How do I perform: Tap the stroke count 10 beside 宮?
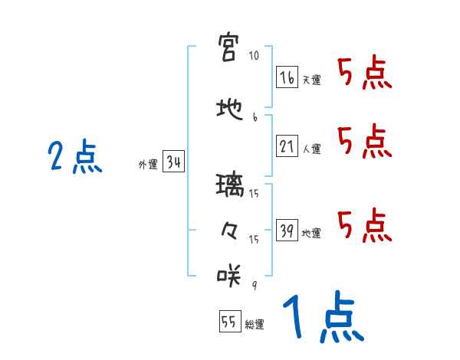point(254,57)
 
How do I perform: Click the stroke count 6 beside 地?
point(254,118)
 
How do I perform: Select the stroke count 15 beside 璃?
point(255,194)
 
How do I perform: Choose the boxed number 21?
point(287,145)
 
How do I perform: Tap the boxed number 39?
point(287,229)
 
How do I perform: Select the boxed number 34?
point(172,162)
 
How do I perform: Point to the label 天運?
point(311,80)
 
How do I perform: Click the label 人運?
point(311,149)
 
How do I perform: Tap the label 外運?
point(147,164)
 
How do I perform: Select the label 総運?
point(254,324)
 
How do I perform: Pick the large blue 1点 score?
point(322,319)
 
